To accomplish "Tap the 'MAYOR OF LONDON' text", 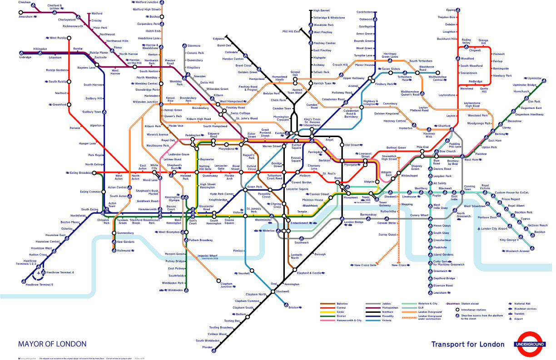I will click(x=52, y=344).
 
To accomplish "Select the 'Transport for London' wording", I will click(x=467, y=344).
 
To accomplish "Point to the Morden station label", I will click(x=207, y=347).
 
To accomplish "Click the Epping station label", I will click(x=451, y=10).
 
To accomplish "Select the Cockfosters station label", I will click(x=364, y=12).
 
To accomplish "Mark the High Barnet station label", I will click(x=322, y=10).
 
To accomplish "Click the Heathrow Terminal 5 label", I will click(x=40, y=284).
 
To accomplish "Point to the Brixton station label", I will click(x=295, y=308).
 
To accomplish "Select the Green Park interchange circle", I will click(x=245, y=189).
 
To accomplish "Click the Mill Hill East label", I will click(x=291, y=31).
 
